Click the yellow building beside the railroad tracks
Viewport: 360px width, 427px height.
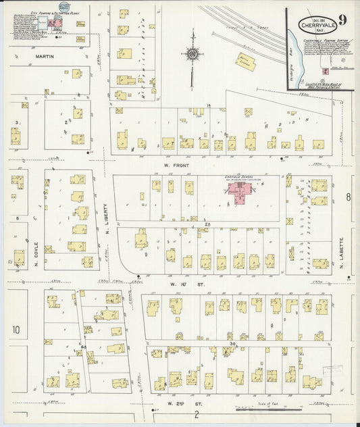[245, 62]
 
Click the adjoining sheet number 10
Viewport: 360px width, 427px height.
[16, 330]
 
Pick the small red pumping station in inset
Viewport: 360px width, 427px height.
[326, 71]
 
